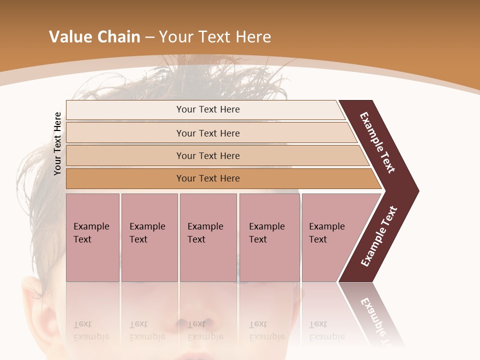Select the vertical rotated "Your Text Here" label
pyautogui.click(x=57, y=144)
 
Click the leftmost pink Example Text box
pyautogui.click(x=92, y=237)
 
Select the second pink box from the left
pyautogui.click(x=149, y=237)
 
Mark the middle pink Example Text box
pyautogui.click(x=208, y=237)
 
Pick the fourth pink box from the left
pyautogui.click(x=269, y=237)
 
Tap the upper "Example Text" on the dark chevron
pyautogui.click(x=377, y=142)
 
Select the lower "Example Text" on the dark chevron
pyautogui.click(x=379, y=236)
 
